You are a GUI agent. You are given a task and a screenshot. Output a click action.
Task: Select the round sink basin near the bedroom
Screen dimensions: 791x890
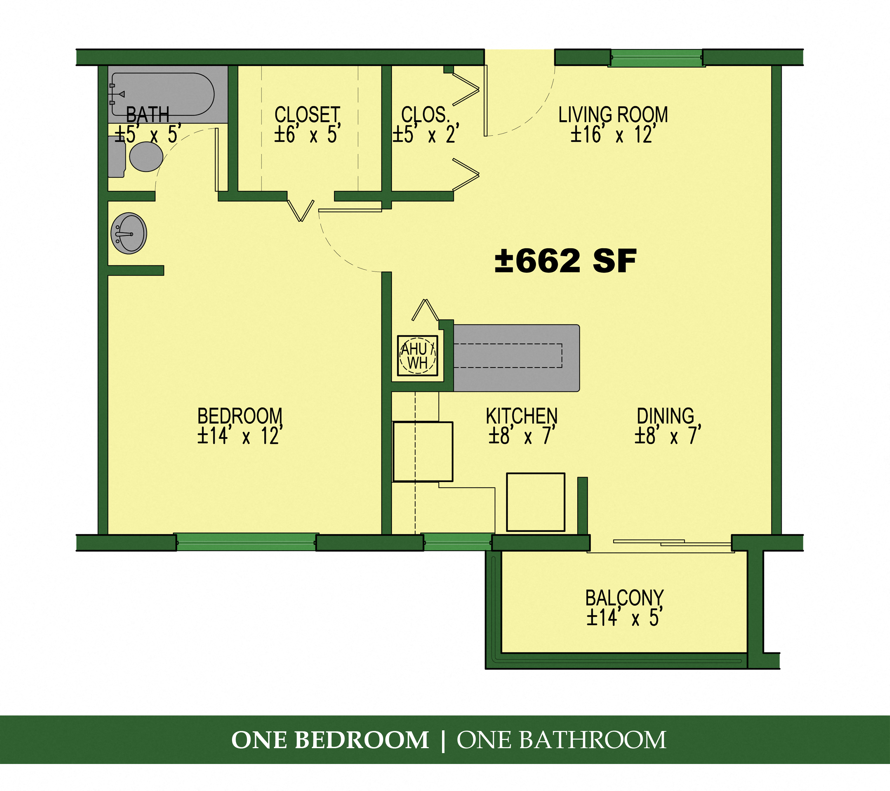[x=129, y=233]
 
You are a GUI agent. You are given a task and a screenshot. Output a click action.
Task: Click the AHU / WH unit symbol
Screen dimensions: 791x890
[x=417, y=356]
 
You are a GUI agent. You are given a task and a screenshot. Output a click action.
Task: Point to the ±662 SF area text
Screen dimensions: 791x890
[x=565, y=261]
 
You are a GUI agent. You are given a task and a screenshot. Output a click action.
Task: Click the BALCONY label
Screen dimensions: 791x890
[x=624, y=598]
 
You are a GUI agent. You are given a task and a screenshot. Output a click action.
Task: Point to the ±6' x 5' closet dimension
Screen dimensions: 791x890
[x=307, y=134]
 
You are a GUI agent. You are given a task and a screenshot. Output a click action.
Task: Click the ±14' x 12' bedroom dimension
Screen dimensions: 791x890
[x=240, y=436]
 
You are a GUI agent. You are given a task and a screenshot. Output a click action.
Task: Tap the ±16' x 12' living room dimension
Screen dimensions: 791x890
[x=613, y=134]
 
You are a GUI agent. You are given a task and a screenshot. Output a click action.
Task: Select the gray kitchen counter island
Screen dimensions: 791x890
[x=516, y=358]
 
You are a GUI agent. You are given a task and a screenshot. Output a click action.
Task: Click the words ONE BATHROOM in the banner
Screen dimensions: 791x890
[x=561, y=740]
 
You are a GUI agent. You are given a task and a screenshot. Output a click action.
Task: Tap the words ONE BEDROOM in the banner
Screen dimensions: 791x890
[x=330, y=740]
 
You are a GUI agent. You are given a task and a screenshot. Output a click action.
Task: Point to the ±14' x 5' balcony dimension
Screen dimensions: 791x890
[x=624, y=618]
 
